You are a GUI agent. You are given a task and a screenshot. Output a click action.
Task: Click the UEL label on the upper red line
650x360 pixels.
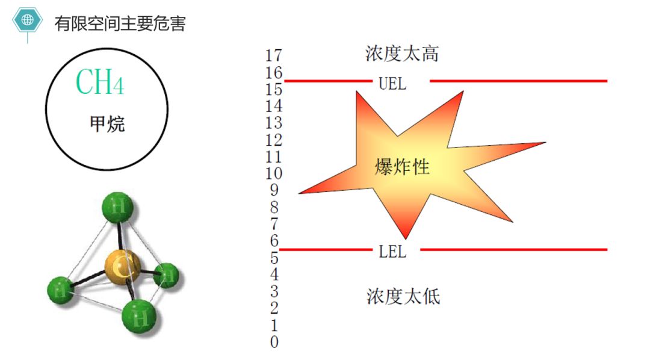click(392, 84)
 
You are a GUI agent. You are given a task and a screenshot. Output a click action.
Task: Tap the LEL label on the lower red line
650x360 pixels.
click(392, 252)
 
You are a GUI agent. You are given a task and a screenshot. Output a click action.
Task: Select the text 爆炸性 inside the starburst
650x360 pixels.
click(402, 167)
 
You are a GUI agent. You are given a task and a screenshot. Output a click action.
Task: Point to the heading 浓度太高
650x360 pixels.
click(402, 54)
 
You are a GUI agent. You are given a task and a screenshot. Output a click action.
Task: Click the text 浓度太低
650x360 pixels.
click(403, 296)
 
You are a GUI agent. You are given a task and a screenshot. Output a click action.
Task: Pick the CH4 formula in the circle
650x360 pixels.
click(100, 82)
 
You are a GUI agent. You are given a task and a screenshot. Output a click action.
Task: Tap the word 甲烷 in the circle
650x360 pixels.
click(107, 125)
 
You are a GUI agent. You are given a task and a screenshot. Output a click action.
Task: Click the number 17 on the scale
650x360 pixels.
click(273, 55)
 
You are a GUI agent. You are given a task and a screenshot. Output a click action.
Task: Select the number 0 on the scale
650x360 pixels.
click(274, 343)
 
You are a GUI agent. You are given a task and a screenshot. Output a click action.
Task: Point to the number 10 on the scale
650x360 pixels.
click(273, 174)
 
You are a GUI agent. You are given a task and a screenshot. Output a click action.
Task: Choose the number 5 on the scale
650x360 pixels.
click(274, 258)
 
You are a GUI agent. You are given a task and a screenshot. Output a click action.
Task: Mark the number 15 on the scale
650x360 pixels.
click(273, 89)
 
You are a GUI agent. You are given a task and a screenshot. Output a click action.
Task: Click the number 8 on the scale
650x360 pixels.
click(274, 208)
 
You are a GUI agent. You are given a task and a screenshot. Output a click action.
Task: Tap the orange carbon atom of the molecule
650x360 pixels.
click(122, 267)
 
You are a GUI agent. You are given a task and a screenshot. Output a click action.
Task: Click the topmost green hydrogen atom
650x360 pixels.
click(118, 208)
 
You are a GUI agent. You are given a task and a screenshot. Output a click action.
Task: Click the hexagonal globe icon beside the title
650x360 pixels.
click(28, 20)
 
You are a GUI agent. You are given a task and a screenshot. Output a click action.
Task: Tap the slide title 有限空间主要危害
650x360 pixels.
click(120, 23)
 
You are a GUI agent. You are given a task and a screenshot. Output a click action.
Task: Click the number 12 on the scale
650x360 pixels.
click(273, 140)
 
